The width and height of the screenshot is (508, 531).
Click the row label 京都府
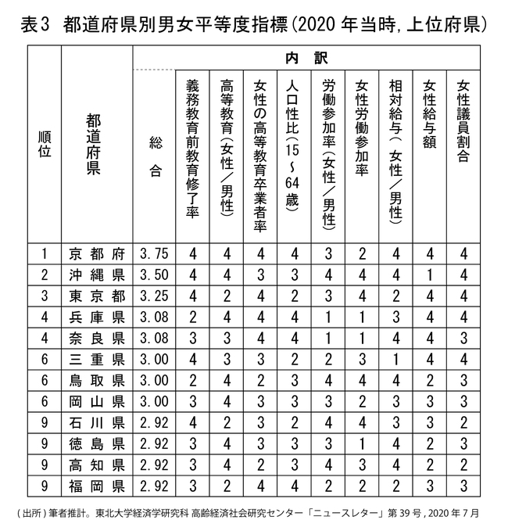point(97,253)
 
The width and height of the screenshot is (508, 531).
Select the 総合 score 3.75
point(153,253)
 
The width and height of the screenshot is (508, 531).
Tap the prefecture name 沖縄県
point(97,274)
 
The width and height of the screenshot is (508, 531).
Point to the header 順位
point(45,145)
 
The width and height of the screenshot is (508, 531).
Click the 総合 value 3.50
point(153,274)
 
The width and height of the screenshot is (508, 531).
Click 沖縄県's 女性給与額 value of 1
point(429,274)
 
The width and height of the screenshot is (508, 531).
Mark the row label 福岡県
point(97,486)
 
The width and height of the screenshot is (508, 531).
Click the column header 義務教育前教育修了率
point(192,149)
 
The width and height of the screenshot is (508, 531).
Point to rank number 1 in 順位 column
point(45,253)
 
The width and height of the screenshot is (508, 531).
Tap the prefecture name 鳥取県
point(97,381)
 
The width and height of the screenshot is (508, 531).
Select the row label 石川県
point(97,423)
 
